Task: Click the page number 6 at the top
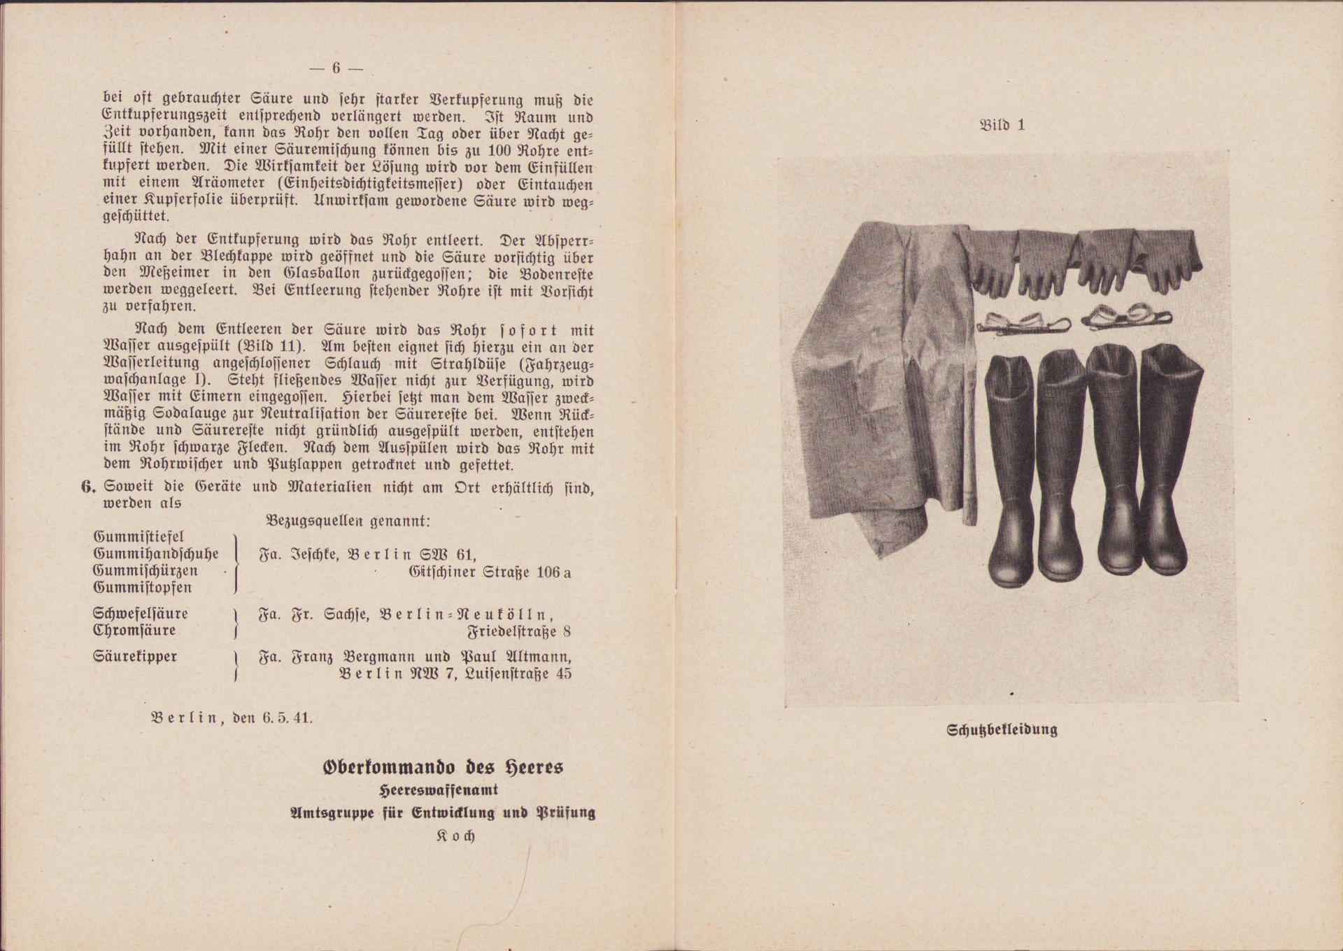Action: point(336,68)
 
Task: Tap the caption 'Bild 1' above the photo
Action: point(1002,126)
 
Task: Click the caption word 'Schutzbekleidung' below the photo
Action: point(1002,730)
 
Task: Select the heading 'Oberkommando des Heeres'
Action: point(443,767)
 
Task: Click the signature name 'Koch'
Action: point(455,836)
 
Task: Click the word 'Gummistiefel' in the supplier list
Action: point(138,537)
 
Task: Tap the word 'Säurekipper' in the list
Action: point(135,657)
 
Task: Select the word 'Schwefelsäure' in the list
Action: point(141,613)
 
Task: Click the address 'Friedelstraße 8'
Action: point(519,631)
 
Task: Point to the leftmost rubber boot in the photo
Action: point(1009,469)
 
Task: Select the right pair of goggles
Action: point(1123,317)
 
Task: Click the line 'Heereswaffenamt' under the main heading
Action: point(439,790)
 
